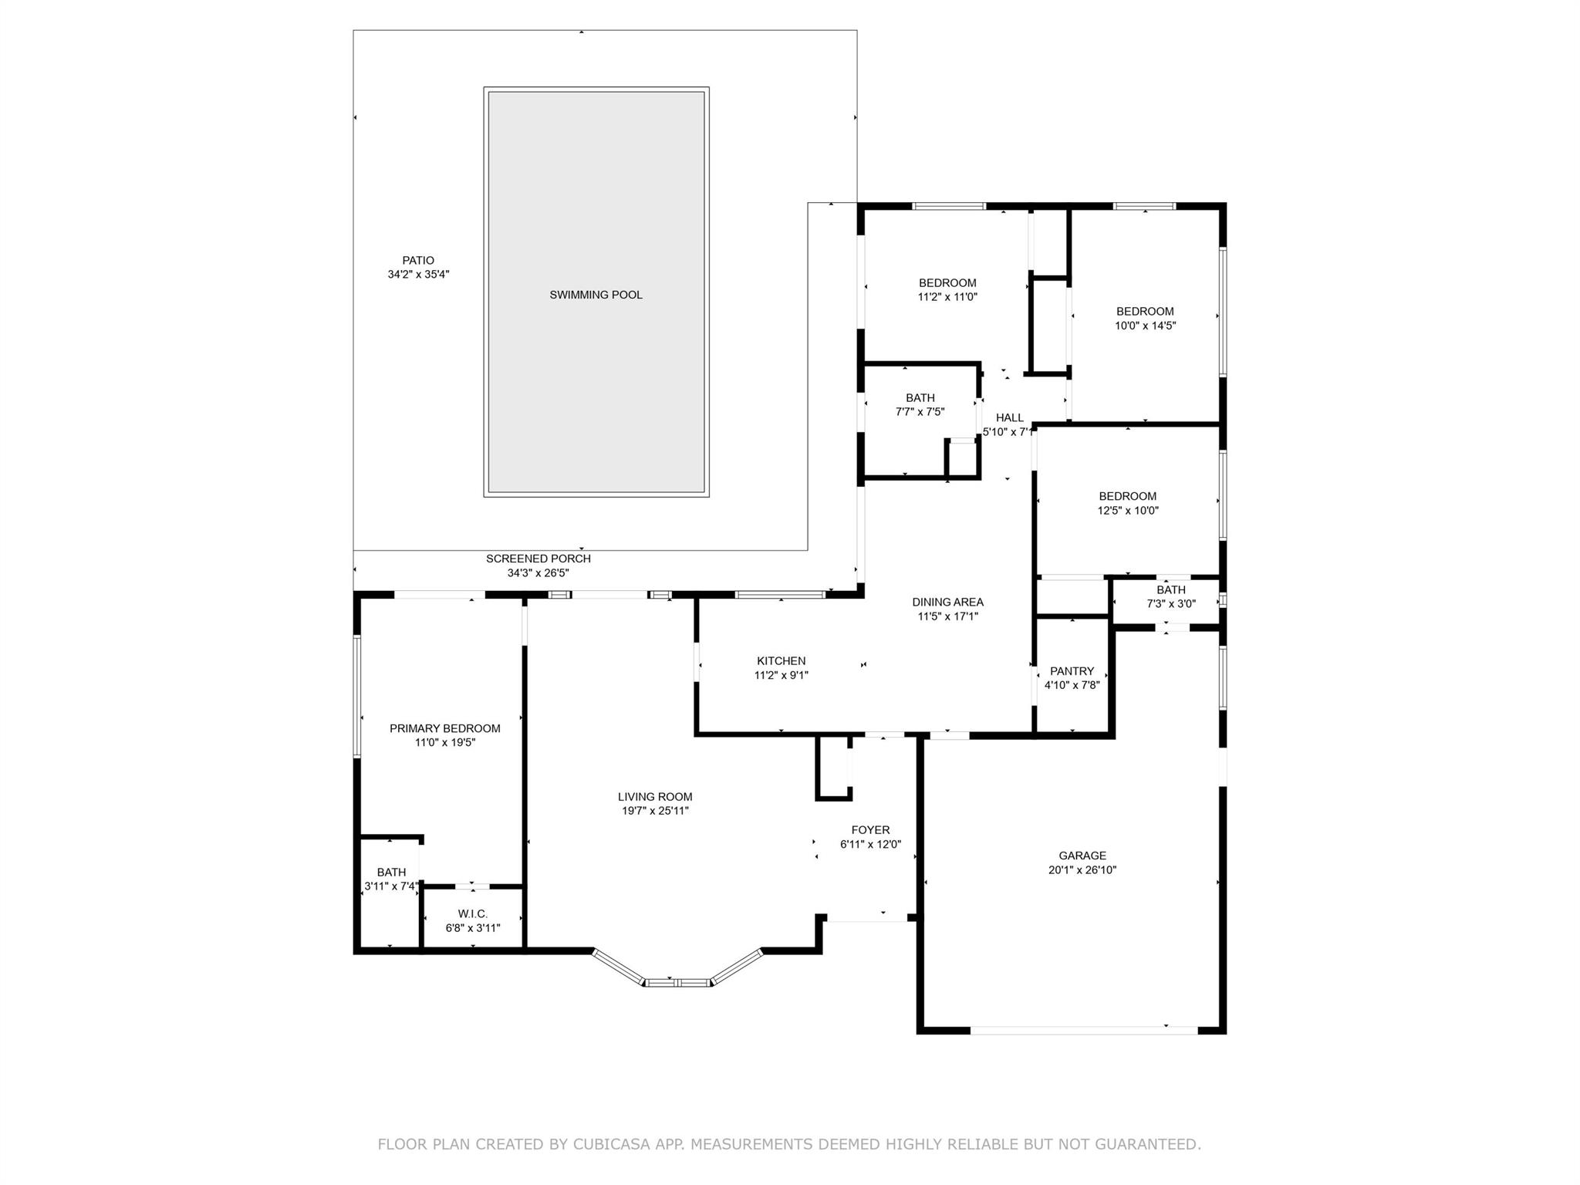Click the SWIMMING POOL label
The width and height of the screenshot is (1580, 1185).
point(596,295)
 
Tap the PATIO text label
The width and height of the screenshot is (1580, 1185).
point(418,261)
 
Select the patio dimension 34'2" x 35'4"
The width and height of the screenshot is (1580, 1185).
point(418,275)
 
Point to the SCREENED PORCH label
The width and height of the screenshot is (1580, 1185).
point(538,559)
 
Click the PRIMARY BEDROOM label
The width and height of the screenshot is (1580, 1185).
point(445,728)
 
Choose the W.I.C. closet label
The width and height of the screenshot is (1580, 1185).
point(473,913)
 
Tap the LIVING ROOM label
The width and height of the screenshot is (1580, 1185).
point(655,797)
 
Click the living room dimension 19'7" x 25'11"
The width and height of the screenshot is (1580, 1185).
point(655,811)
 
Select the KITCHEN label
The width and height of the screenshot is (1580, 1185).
point(782,661)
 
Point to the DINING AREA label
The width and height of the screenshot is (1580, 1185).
point(948,603)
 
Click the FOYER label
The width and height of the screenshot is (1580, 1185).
point(870,830)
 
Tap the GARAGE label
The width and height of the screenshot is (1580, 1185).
point(1082,856)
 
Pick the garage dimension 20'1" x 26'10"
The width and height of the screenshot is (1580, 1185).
point(1082,869)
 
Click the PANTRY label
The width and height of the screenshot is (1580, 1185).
point(1072,671)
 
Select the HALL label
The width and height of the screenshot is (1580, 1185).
point(1010,418)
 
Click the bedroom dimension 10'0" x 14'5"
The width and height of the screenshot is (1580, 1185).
point(1146,326)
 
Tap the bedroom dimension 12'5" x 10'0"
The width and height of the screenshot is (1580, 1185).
point(1129,510)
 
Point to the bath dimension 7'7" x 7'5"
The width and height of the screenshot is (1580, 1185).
point(920,412)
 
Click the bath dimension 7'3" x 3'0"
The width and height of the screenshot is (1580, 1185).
point(1171,604)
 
